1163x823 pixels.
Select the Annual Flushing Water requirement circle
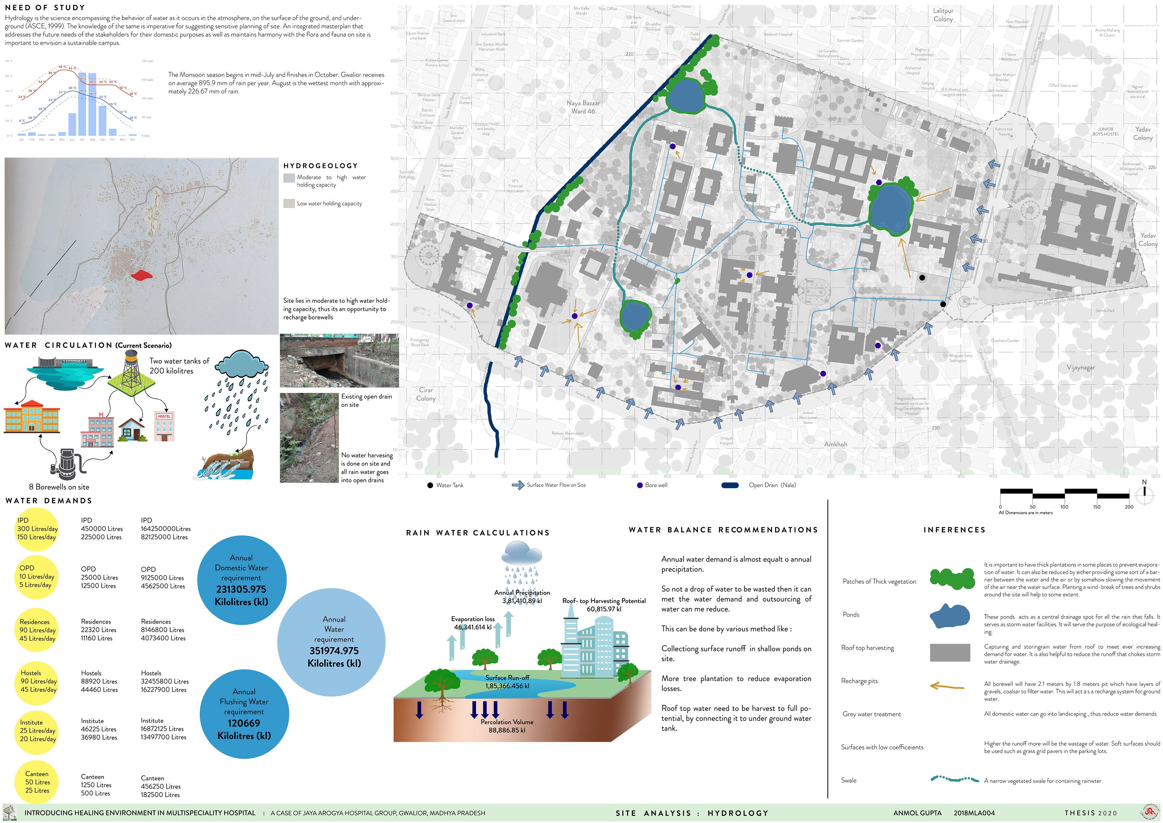[244, 714]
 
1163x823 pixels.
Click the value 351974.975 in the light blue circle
[334, 651]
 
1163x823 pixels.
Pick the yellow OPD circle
[36, 577]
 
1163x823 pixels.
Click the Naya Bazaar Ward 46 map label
[583, 107]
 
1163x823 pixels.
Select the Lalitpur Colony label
[943, 15]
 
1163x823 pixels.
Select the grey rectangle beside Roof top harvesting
[950, 652]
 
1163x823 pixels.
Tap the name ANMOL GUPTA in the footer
[917, 813]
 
